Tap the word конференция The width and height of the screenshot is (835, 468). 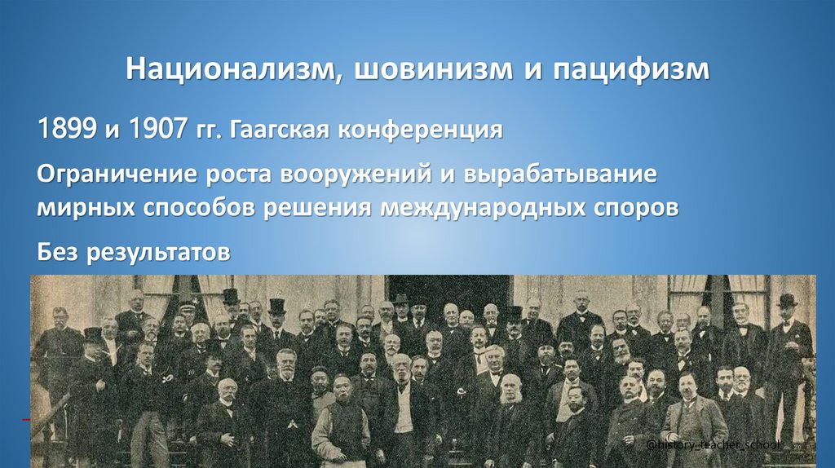coord(431,129)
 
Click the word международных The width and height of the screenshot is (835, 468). coord(480,207)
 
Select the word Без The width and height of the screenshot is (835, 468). coord(59,252)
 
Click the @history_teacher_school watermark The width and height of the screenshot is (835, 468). coord(714,444)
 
